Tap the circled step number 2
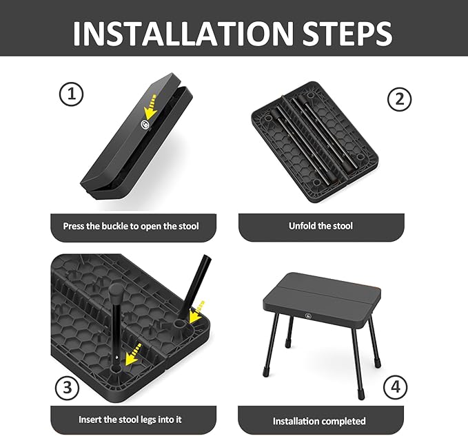click(x=398, y=100)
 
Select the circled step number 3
click(x=67, y=387)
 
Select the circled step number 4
click(x=395, y=387)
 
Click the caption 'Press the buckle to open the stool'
click(x=130, y=226)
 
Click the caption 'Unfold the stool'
click(x=321, y=226)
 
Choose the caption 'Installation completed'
click(x=321, y=420)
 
